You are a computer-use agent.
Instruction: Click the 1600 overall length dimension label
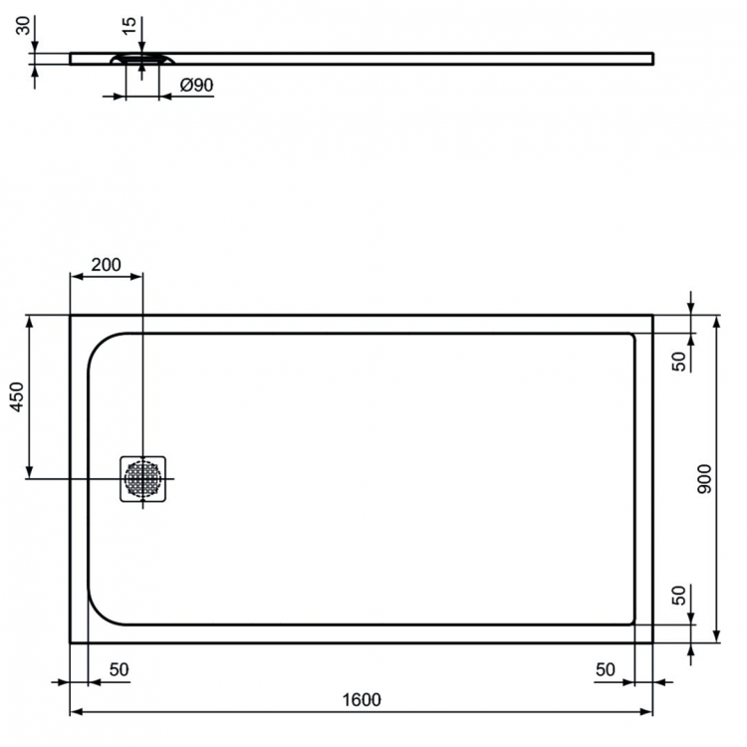point(361,699)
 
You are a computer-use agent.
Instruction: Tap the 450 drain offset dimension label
point(16,397)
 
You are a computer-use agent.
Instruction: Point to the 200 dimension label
point(106,265)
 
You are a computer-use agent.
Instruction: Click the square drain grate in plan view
point(142,479)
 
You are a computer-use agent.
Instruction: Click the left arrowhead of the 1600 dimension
point(74,713)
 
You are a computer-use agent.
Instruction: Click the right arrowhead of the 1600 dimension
point(648,713)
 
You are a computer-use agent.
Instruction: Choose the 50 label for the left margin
point(119,670)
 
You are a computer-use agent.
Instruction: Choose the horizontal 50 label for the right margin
point(605,670)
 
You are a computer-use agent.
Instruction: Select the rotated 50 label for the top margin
point(678,362)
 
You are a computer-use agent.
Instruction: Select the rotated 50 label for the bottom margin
point(678,597)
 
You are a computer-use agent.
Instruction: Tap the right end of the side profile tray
point(652,58)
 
